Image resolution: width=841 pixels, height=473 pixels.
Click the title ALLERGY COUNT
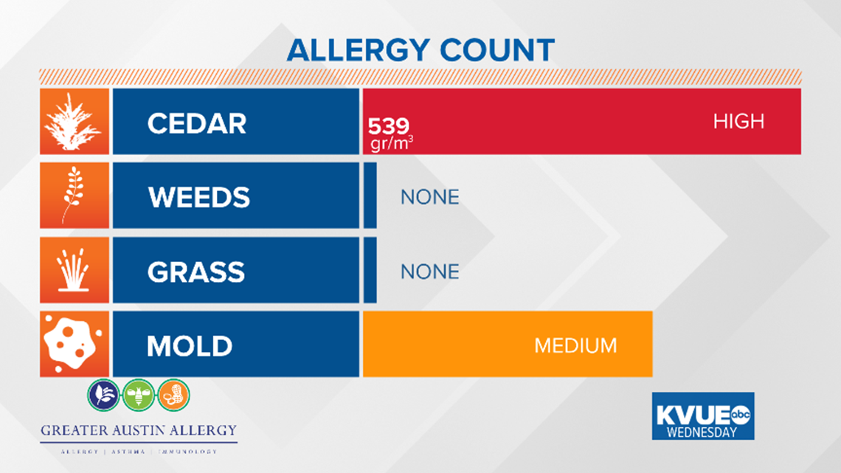coord(420,50)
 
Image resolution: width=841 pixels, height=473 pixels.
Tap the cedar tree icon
coord(74,122)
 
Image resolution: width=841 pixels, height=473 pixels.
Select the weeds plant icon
coord(74,196)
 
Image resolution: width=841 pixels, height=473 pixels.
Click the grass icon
coord(74,271)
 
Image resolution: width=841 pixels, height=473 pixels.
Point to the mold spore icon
coord(74,345)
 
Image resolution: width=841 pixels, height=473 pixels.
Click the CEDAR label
coord(196,123)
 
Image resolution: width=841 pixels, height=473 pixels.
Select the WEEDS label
coord(198,198)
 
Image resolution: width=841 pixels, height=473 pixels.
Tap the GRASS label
coord(195,272)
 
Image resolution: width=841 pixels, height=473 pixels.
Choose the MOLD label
coord(190,346)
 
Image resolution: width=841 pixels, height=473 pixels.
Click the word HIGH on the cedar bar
coord(738,122)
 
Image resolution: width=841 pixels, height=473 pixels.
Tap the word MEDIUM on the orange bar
coord(575,345)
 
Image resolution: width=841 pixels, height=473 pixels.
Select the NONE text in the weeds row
coord(429,197)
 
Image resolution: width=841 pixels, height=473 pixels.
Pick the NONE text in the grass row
coord(429,272)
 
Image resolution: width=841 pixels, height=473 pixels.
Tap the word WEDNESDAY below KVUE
coord(702,431)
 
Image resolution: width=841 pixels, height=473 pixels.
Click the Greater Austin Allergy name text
coord(139,430)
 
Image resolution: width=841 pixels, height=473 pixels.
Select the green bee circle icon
coord(139,395)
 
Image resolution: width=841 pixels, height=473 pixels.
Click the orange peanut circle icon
coord(174,395)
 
